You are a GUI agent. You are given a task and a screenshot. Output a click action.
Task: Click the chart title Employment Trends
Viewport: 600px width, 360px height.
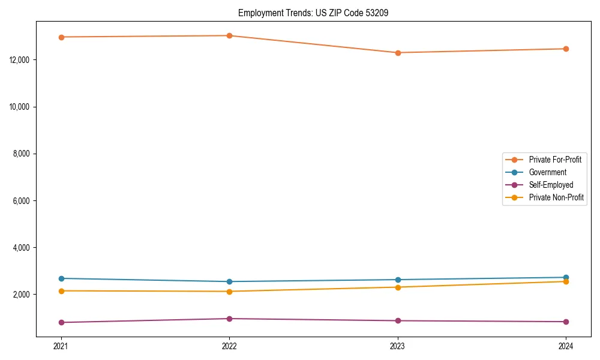pos(313,13)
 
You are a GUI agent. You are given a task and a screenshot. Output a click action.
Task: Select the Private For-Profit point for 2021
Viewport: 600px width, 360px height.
pos(61,37)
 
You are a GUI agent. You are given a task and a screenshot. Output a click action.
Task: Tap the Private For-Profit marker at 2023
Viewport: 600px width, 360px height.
pos(398,53)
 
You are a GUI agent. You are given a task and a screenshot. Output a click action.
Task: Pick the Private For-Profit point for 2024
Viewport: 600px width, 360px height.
pos(566,49)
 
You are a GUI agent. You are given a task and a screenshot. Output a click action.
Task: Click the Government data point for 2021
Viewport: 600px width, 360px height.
pos(61,278)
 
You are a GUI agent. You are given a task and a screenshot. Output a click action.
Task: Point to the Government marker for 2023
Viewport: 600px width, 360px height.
pos(398,280)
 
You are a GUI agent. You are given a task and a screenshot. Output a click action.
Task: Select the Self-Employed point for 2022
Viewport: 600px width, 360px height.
pos(229,319)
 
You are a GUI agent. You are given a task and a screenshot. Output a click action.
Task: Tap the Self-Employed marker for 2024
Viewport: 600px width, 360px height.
pos(566,322)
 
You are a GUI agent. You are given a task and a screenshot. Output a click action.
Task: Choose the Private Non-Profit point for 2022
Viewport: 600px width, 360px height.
pos(229,292)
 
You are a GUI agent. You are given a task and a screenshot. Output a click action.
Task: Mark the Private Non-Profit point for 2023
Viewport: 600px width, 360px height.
pos(398,287)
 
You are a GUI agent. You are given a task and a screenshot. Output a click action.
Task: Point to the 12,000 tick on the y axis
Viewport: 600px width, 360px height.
pos(21,60)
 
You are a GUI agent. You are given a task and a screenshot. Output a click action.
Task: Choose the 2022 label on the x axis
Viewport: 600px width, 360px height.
pos(229,346)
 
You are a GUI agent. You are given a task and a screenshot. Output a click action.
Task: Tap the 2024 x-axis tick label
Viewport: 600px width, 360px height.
pos(566,346)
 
